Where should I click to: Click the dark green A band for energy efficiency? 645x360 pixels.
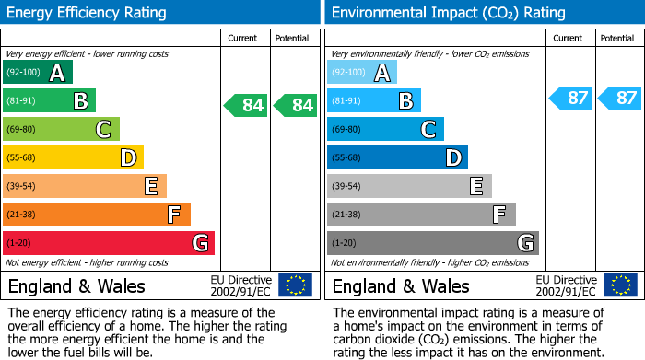[37, 73]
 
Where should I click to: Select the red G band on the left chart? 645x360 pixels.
[108, 243]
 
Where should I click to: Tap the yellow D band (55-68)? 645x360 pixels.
[73, 158]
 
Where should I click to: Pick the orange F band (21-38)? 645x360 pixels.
[96, 215]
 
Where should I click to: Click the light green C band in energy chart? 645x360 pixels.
[61, 130]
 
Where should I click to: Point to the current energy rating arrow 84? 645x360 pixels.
[246, 105]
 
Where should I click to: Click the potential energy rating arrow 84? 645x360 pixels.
[295, 105]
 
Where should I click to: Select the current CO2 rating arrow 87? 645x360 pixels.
[570, 98]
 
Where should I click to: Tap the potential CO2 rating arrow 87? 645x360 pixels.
[619, 98]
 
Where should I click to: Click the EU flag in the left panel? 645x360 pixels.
[295, 285]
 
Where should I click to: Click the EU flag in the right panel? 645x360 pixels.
[619, 285]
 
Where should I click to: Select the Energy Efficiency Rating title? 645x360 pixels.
[88, 13]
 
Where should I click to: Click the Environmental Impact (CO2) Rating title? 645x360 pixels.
[448, 13]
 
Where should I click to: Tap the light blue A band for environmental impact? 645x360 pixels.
[361, 73]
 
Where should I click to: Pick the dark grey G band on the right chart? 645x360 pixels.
[432, 243]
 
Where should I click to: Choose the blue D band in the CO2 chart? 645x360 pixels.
[397, 158]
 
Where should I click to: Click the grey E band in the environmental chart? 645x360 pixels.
[409, 187]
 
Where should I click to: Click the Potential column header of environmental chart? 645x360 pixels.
[617, 38]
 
